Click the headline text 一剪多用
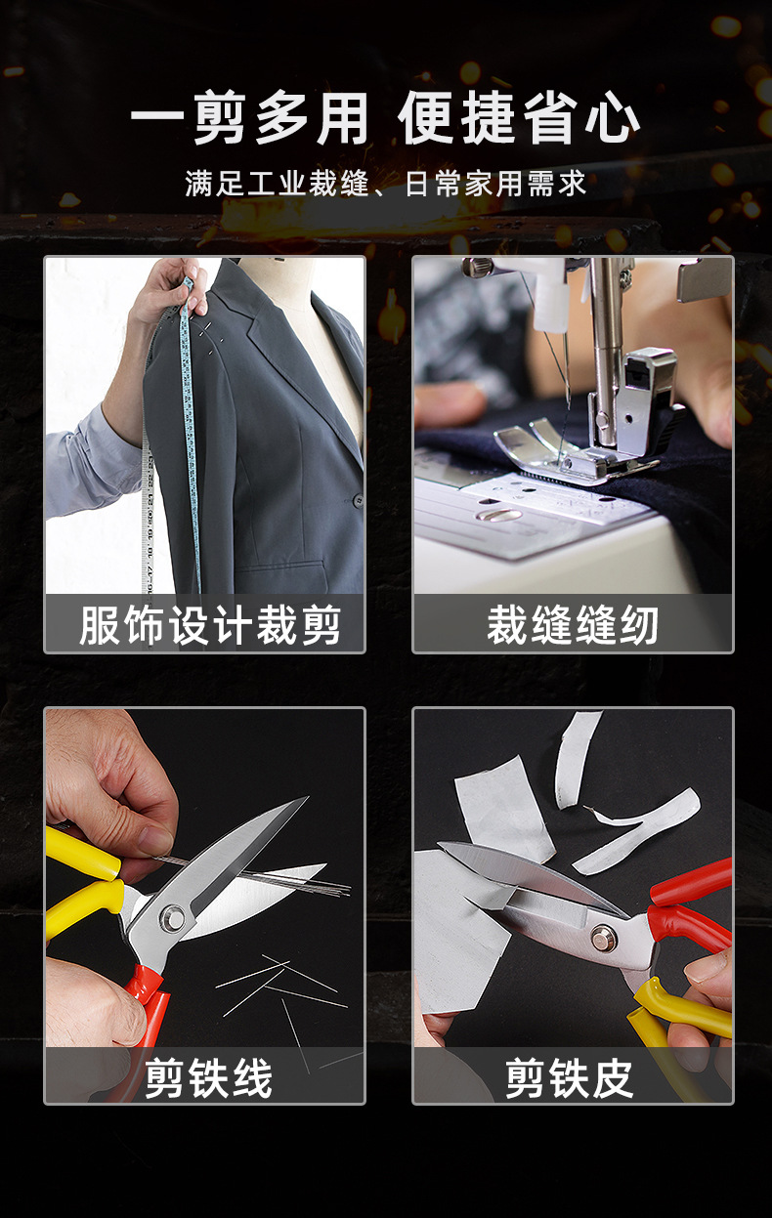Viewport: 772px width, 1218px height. coord(249,121)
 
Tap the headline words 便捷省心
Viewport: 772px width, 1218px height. coord(519,121)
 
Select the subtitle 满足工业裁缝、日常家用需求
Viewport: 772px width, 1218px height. coord(386,184)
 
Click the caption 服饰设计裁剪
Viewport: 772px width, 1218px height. coord(209,625)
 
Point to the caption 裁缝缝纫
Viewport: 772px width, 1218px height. coord(573,625)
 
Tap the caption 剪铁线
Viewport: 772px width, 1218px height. coord(209,1078)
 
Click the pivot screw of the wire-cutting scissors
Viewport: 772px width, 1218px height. coord(174,916)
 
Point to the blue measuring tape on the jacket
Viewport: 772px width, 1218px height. coord(190,410)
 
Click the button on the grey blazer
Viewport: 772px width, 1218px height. coord(358,500)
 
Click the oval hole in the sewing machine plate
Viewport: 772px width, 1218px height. coord(498,515)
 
